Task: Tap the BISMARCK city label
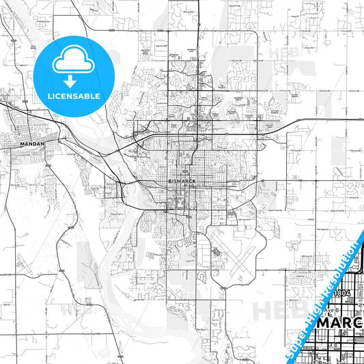click(x=180, y=182)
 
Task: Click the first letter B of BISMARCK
click(x=169, y=182)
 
